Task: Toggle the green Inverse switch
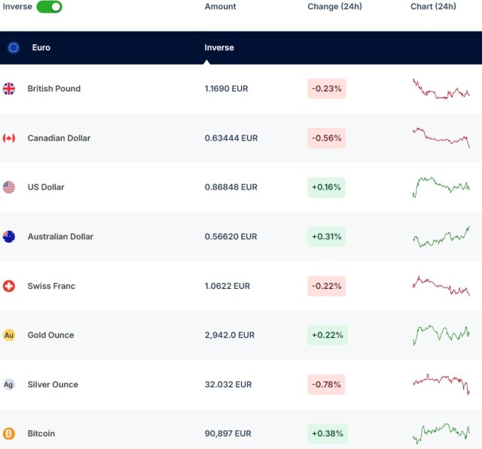click(x=50, y=7)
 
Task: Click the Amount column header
click(x=220, y=7)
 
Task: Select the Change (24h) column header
click(x=334, y=7)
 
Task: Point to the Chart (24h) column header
click(x=433, y=7)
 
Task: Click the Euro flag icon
click(x=14, y=47)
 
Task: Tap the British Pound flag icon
click(x=9, y=89)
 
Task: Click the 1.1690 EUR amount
click(x=226, y=89)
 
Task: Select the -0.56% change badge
click(x=326, y=138)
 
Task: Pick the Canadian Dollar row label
click(x=59, y=138)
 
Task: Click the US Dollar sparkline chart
click(x=441, y=187)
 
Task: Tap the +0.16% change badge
click(x=326, y=187)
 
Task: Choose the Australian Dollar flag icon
click(x=9, y=237)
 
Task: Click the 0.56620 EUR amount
click(x=230, y=237)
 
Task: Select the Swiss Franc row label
click(x=51, y=286)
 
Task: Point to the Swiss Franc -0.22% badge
click(x=326, y=286)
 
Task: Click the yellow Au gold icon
click(x=9, y=335)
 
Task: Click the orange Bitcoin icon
click(x=9, y=434)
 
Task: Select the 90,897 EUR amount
click(x=227, y=434)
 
